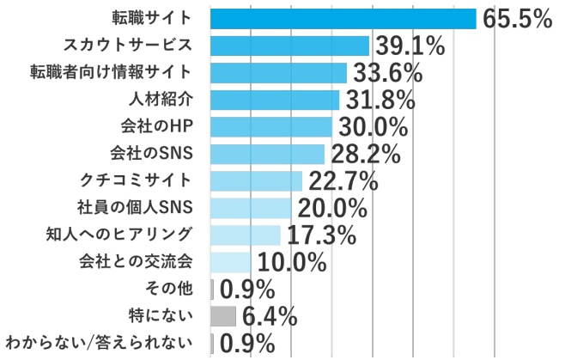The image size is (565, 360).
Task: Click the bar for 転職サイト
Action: (343, 18)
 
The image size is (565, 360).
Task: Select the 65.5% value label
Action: (516, 19)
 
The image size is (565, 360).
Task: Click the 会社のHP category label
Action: (152, 126)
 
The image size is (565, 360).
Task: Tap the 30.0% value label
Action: (371, 127)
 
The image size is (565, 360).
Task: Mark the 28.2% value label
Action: (364, 155)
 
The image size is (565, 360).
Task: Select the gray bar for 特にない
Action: (222, 315)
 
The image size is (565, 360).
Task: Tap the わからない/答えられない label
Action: (96, 344)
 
